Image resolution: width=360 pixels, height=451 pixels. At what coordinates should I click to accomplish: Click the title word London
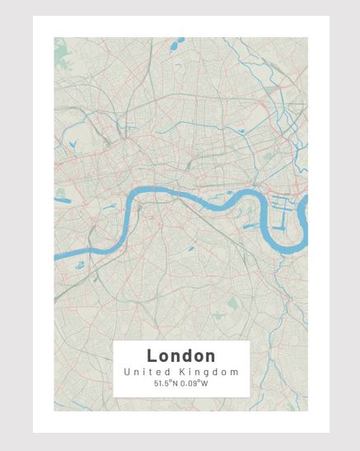click(181, 356)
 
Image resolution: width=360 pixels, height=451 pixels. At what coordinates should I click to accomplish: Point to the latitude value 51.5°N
click(166, 383)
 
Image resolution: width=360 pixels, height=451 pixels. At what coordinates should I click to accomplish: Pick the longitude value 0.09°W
click(195, 383)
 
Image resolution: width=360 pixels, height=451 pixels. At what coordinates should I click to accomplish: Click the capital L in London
click(152, 356)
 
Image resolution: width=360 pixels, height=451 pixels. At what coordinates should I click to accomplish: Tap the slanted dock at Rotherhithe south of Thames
click(247, 218)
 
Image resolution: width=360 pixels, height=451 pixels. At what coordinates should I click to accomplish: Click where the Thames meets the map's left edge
click(56, 258)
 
